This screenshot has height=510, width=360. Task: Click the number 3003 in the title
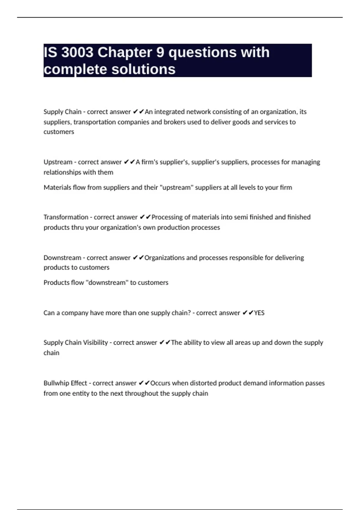pyautogui.click(x=77, y=52)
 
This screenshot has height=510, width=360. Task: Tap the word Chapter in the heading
pyautogui.click(x=124, y=52)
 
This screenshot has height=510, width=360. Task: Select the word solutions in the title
pyautogui.click(x=143, y=69)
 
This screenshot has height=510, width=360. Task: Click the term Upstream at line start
pyautogui.click(x=58, y=162)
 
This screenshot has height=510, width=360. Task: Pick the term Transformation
pyautogui.click(x=66, y=217)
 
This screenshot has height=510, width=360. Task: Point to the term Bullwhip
pyautogui.click(x=56, y=383)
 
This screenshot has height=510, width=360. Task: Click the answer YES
pyautogui.click(x=259, y=313)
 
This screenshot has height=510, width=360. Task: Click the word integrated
pyautogui.click(x=169, y=112)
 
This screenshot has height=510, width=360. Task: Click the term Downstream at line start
pyautogui.click(x=62, y=258)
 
